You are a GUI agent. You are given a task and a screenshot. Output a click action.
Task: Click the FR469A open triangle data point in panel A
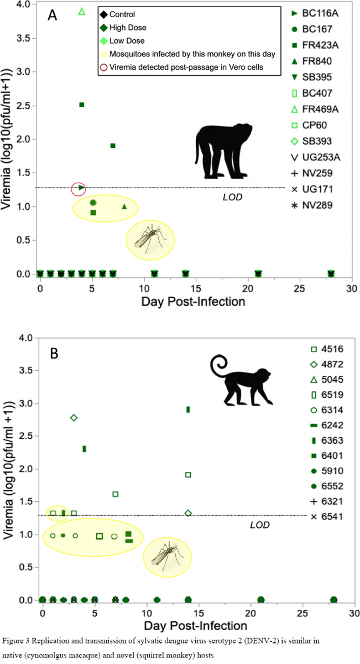(x=82, y=12)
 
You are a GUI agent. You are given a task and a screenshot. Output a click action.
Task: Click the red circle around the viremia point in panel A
(x=80, y=188)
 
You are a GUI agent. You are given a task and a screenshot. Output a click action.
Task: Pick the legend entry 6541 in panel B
(x=325, y=516)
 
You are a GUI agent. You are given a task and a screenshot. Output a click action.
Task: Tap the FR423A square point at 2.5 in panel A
(x=82, y=105)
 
